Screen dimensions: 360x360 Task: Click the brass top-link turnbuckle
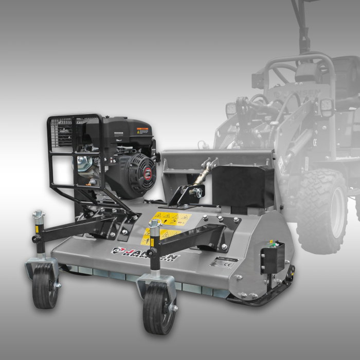(203, 175)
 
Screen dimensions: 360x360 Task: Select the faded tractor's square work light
(326, 106)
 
